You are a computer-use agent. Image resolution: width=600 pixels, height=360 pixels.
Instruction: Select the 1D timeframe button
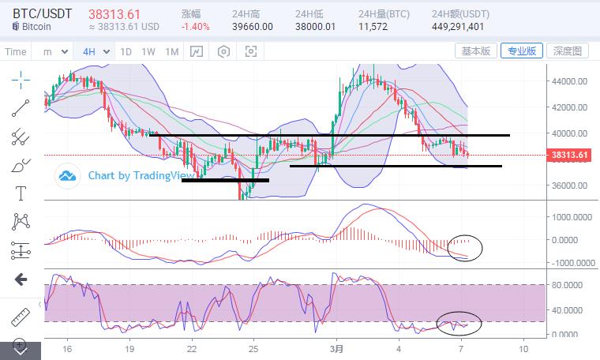126,51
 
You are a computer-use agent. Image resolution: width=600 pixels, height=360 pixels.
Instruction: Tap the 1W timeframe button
148,51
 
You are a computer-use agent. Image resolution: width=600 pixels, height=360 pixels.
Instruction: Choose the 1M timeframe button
171,51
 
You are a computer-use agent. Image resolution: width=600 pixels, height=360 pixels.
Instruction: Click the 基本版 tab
476,51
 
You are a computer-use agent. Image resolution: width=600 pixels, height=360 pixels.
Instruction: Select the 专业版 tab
521,51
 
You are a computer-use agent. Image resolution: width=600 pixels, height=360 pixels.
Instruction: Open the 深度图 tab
566,51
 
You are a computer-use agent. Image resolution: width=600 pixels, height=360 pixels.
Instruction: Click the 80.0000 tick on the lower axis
570,285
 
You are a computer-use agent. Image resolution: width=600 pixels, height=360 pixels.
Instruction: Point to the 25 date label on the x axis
253,348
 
